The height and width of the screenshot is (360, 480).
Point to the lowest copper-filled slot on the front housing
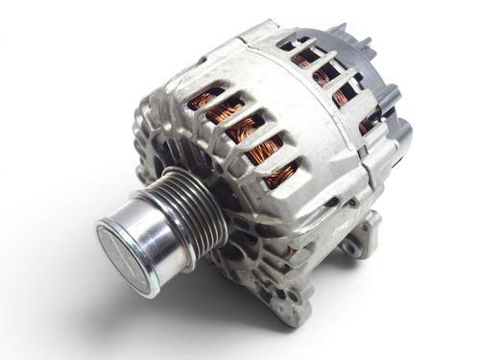click(x=280, y=175)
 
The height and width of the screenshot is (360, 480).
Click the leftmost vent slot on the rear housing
click(x=287, y=43)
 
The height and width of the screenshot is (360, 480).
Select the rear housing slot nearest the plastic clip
click(x=371, y=121)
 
